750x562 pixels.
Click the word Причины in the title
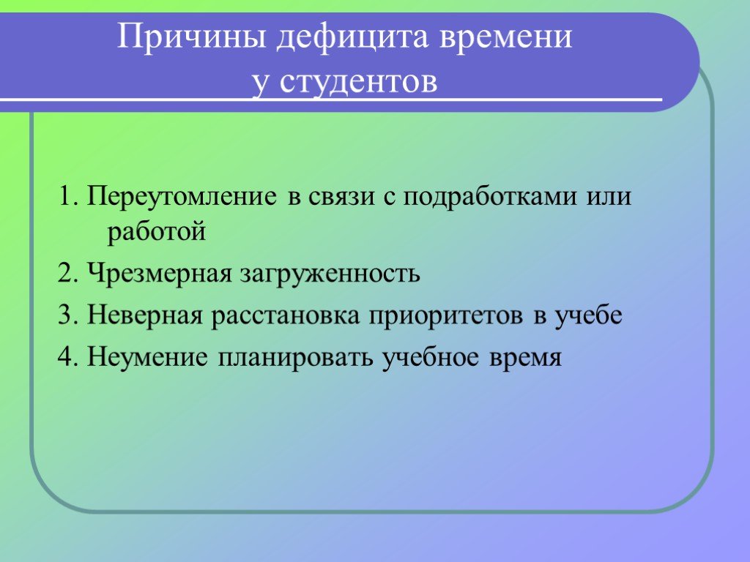point(191,37)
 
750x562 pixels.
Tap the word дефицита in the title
point(352,38)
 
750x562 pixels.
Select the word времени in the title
point(505,37)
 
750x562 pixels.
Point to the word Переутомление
point(182,196)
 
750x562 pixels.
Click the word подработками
point(490,196)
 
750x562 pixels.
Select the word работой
point(157,231)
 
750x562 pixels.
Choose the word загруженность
point(330,274)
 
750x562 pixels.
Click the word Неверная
point(144,315)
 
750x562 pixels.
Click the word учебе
point(588,315)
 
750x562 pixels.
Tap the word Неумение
point(147,357)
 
